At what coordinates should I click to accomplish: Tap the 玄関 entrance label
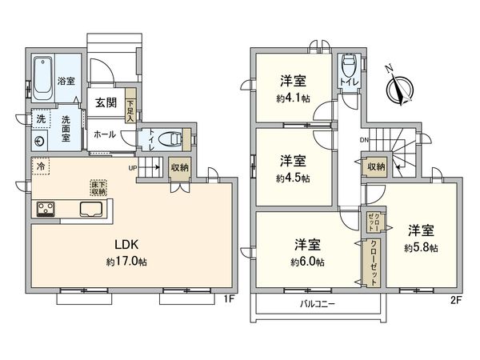point(106,102)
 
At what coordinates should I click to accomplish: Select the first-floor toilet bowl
point(167,138)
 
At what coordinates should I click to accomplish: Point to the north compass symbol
point(397,86)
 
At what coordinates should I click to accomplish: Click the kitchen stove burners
point(45,210)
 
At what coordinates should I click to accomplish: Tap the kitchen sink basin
point(90,210)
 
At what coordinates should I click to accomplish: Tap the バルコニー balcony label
point(319,304)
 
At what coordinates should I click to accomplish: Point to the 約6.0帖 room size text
point(308,261)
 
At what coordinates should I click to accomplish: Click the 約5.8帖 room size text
point(422,249)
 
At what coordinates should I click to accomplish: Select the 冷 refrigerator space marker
point(39,166)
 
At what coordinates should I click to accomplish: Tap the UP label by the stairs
point(134,167)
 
